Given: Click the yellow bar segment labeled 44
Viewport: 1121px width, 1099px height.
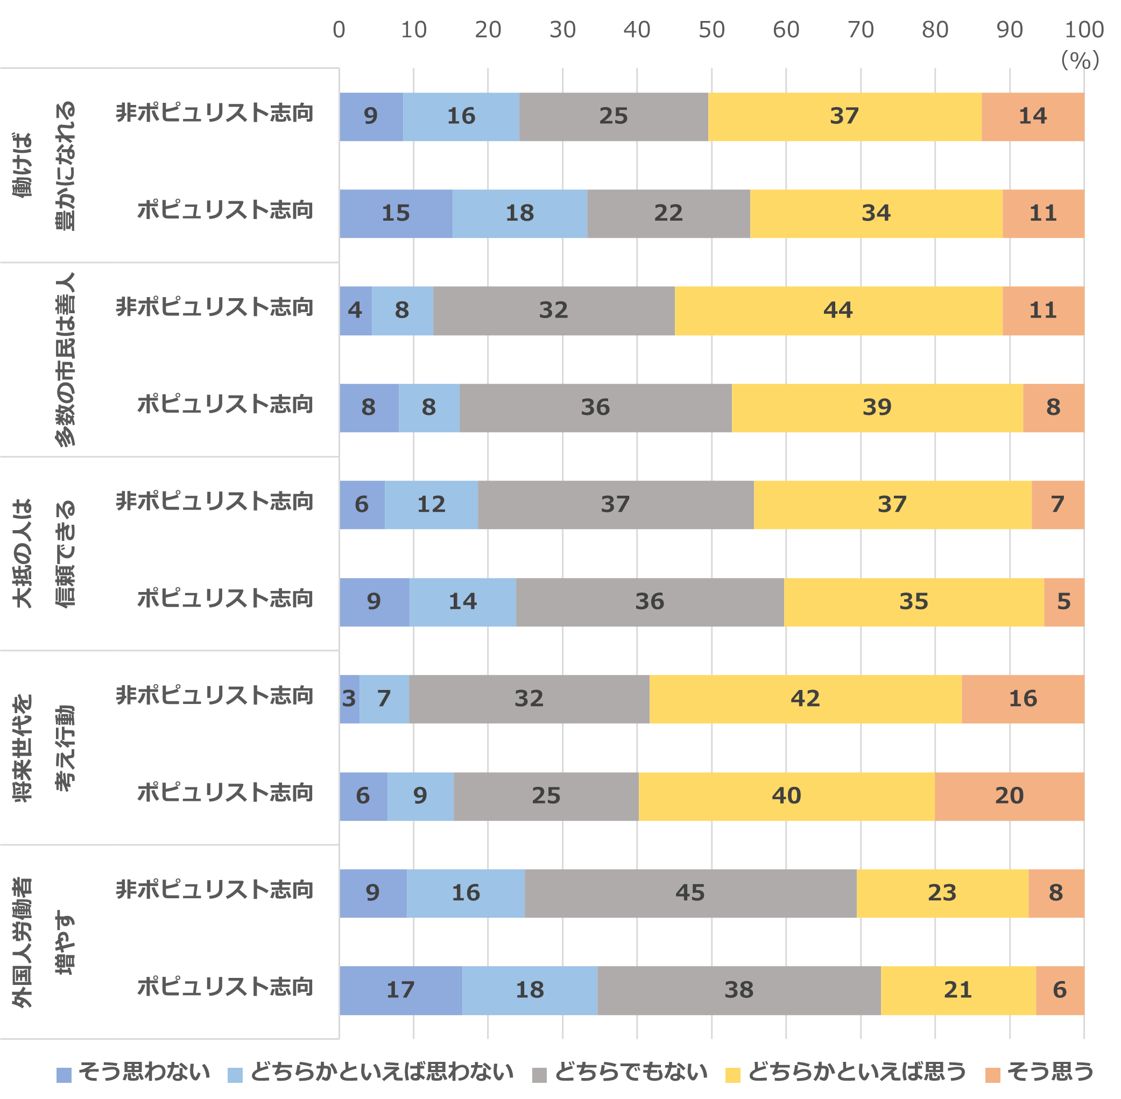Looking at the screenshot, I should point(838,311).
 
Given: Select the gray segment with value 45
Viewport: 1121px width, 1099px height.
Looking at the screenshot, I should point(690,893).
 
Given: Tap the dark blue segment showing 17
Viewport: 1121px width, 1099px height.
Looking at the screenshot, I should point(400,990).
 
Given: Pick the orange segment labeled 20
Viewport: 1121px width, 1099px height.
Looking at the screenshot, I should point(1009,796).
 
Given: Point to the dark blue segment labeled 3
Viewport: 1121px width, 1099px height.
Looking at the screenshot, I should point(349,699).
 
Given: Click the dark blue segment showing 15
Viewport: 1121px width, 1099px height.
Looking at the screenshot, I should point(396,214).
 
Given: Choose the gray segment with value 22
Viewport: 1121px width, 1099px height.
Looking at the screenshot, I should point(668,214).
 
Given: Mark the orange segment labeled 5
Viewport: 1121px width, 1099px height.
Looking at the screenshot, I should point(1064,602).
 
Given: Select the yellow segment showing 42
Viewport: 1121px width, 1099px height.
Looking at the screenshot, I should point(805,699).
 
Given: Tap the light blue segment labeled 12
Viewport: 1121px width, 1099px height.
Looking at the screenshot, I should point(431,504).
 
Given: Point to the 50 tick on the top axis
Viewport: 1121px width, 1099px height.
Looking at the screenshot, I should point(711,30).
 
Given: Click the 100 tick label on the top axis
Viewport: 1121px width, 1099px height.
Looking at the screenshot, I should point(1083,30).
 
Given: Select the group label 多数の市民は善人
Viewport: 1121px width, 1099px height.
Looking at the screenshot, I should point(65,359).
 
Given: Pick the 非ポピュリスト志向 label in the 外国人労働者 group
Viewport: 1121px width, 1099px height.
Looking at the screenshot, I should point(215,890).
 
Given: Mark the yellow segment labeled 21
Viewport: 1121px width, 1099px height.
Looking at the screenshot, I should point(958,990).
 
